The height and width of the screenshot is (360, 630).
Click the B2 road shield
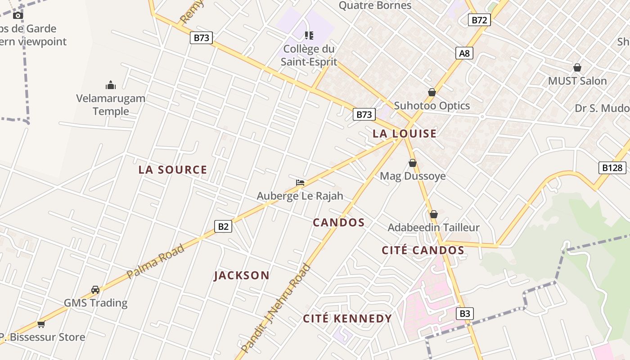pyautogui.click(x=223, y=226)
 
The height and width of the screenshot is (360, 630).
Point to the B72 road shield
pyautogui.click(x=479, y=20)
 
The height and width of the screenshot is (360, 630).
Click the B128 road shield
pyautogui.click(x=612, y=168)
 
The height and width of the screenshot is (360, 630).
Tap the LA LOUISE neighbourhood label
pyautogui.click(x=405, y=133)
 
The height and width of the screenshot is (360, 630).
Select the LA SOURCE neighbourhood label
pyautogui.click(x=173, y=170)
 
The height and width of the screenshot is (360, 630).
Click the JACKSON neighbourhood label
pyautogui.click(x=242, y=275)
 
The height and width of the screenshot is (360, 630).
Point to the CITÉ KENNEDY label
pyautogui.click(x=347, y=319)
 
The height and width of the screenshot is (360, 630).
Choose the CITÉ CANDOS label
pyautogui.click(x=423, y=250)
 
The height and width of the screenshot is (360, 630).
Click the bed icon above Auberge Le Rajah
pyautogui.click(x=300, y=182)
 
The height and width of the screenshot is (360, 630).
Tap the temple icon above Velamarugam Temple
pyautogui.click(x=111, y=85)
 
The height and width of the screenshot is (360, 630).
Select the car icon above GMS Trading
pyautogui.click(x=95, y=289)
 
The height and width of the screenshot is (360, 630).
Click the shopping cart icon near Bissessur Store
pyautogui.click(x=41, y=324)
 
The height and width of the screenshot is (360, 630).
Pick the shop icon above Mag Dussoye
pyautogui.click(x=413, y=163)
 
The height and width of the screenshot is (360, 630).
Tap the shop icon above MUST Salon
pyautogui.click(x=577, y=68)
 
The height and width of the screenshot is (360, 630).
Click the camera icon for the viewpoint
pyautogui.click(x=18, y=15)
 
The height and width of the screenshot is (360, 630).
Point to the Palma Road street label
pyautogui.click(x=155, y=261)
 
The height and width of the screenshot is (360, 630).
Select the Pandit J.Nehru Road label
pyautogui.click(x=276, y=308)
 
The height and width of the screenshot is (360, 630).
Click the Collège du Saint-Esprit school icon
pyautogui.click(x=309, y=35)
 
